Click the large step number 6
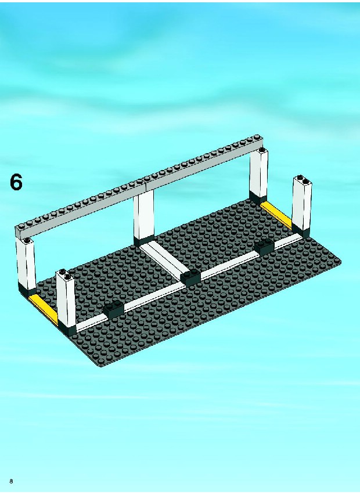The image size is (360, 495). coord(16,182)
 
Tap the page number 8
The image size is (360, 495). coord(12,481)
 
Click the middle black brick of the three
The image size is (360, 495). coord(190,277)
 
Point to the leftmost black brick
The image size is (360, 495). coord(114,309)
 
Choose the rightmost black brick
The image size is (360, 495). coord(264,247)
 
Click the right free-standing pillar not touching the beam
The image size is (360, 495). coord(302,206)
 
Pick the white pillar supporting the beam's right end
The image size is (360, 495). coord(258,176)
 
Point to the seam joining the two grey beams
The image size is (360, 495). coord(146,185)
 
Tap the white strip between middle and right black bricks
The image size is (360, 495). coord(228,262)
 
